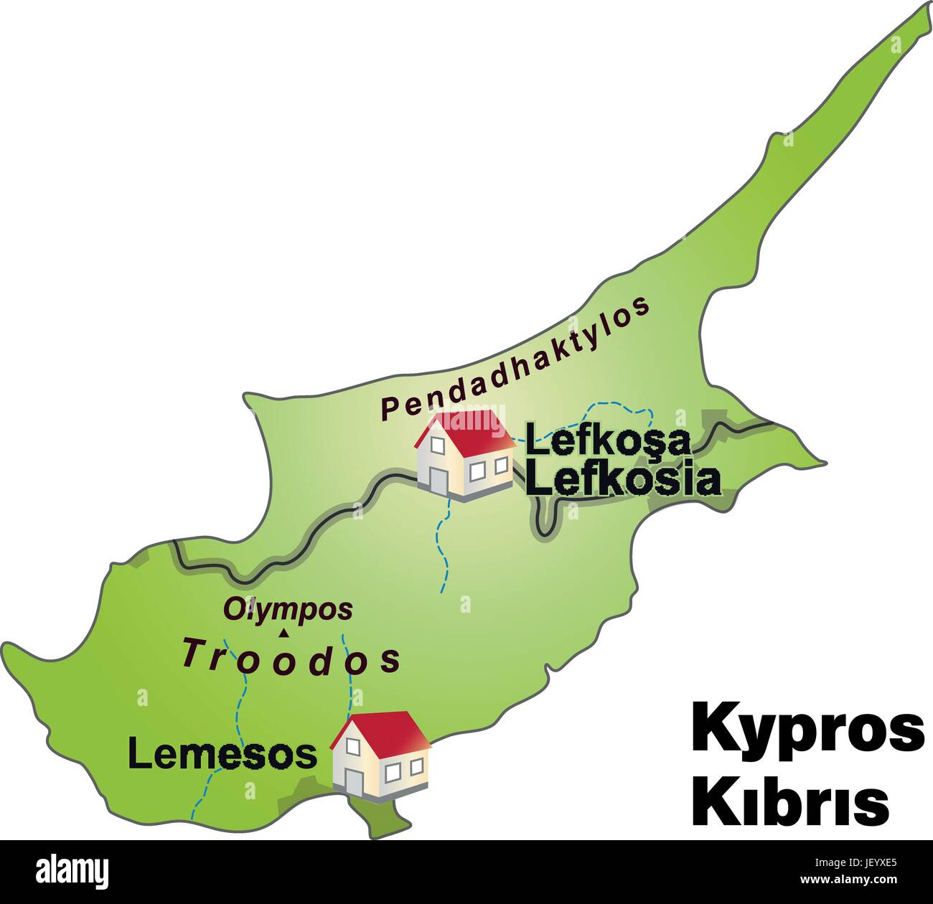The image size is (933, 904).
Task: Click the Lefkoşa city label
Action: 608,441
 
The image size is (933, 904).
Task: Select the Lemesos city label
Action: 222,753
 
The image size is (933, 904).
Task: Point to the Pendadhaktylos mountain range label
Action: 515,359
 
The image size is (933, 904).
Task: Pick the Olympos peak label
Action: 288,609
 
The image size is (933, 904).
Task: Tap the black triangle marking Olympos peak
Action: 284,633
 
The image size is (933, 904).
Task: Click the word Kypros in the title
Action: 807,728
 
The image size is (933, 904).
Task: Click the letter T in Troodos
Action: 192,652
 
